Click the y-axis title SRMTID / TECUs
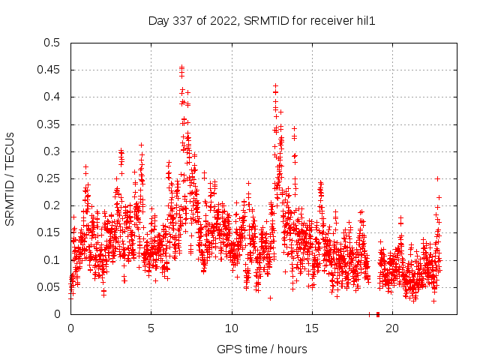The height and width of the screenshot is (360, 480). point(10,178)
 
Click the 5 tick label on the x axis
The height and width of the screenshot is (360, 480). point(151,328)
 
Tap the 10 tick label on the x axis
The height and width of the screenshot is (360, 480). point(232,328)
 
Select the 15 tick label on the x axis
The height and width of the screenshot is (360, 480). point(312,328)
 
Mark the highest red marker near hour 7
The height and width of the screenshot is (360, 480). point(181,67)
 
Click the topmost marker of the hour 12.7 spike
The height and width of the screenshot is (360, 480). point(275,85)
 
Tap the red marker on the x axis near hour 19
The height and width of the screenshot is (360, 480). point(378,314)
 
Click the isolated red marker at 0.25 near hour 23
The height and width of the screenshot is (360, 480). point(437,178)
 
